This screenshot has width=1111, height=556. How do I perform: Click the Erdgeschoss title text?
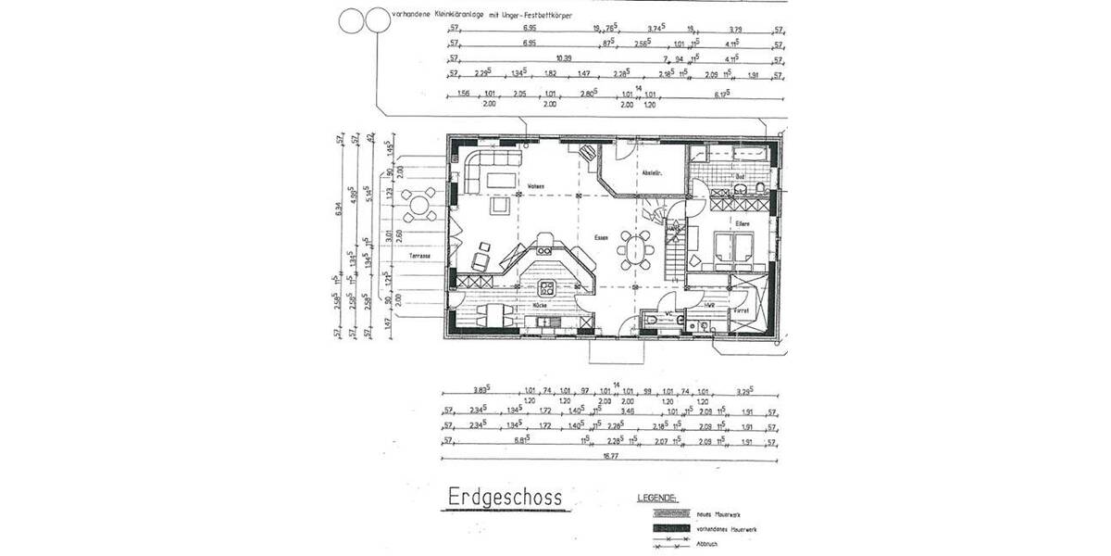point(504,499)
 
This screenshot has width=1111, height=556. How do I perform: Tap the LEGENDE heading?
point(657,499)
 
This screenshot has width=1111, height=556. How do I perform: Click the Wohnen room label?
point(535,187)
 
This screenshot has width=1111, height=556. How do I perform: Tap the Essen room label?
point(601,238)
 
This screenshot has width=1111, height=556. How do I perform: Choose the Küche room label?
point(540,305)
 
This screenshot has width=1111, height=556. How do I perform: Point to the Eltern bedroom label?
point(742,223)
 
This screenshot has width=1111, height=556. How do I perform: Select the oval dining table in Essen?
point(635,250)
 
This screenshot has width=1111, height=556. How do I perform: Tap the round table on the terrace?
point(421,203)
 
